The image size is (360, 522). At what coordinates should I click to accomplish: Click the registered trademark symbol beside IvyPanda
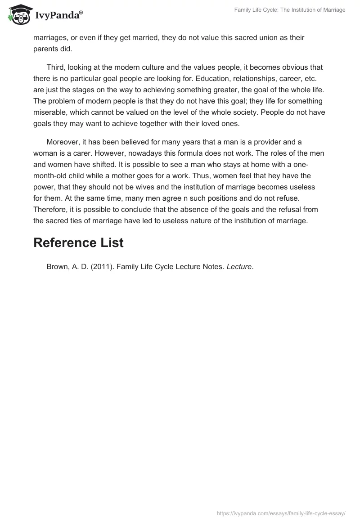pos(81,12)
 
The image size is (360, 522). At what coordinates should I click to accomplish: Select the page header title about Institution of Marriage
pos(290,10)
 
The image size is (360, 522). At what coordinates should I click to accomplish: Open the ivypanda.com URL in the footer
pos(281,513)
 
